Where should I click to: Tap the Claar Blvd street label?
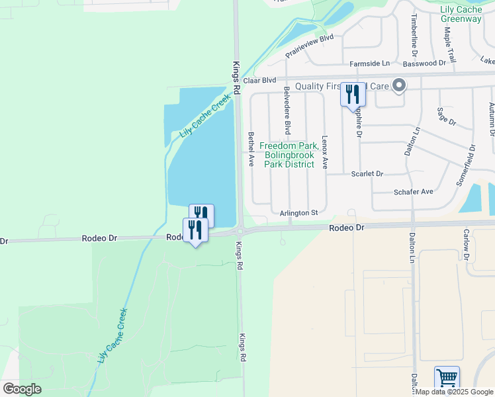point(259,80)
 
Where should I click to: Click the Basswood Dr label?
point(424,63)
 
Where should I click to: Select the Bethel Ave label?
point(251,148)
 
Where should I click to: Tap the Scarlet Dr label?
point(367,173)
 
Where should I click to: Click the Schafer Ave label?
point(413,191)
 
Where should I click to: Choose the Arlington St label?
point(299,212)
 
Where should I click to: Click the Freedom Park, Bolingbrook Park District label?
point(290,155)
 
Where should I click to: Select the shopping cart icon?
point(447,379)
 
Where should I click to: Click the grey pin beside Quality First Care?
point(398,86)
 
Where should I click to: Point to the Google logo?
point(22,389)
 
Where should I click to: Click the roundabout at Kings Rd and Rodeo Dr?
point(241,231)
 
